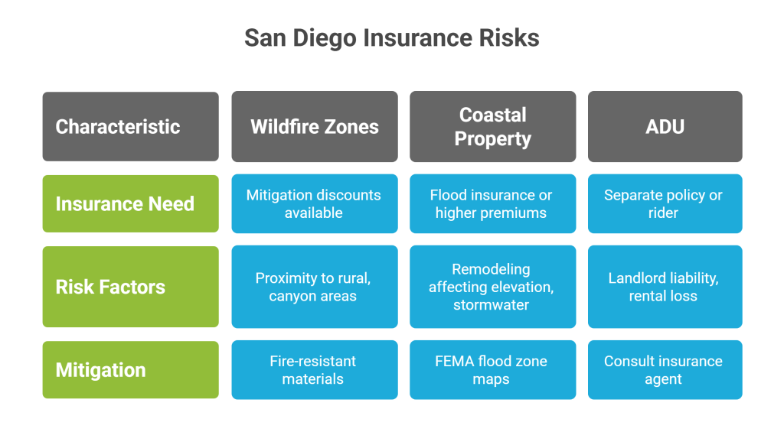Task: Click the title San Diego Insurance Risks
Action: (x=391, y=38)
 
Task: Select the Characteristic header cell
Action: (x=130, y=126)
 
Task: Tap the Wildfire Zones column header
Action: (x=315, y=126)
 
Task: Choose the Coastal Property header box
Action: (x=492, y=126)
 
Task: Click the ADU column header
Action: (x=665, y=126)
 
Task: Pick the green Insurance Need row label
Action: (x=130, y=204)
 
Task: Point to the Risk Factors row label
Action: (x=130, y=287)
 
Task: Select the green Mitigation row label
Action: (x=130, y=369)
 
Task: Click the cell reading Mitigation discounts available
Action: (x=315, y=204)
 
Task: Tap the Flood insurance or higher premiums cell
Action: (x=492, y=204)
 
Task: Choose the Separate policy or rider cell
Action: (x=665, y=204)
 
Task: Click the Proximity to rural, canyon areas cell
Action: (x=315, y=287)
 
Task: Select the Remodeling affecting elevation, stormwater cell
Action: (x=492, y=287)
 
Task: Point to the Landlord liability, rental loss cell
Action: (x=665, y=287)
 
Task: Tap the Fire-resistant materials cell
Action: (x=315, y=369)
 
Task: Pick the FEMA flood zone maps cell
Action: (x=492, y=369)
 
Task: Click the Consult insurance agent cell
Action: (x=665, y=369)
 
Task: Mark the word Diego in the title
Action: (x=325, y=39)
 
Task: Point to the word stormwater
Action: (x=491, y=304)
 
